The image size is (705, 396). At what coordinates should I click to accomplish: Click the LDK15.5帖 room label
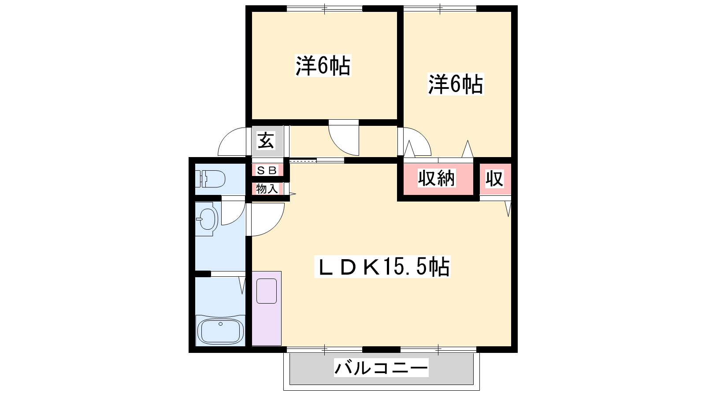point(382,267)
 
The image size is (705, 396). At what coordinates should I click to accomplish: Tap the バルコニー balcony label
point(381,368)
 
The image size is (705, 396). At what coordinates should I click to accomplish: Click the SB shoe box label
point(267,170)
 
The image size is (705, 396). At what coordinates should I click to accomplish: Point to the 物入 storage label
point(267,189)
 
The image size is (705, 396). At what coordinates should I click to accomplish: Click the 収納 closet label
point(436,178)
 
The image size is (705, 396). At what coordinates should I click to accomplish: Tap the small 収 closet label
point(494,179)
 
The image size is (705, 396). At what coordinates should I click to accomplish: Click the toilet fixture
point(210,179)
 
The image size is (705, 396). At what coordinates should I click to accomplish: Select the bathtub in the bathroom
point(220,331)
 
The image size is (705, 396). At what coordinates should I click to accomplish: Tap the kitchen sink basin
point(267,291)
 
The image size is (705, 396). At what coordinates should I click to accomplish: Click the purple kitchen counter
point(267,308)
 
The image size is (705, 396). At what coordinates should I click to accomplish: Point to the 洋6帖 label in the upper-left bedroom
point(323,66)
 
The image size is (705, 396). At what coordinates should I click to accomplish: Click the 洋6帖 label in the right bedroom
point(456,84)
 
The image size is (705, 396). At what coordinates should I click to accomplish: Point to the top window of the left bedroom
point(324,8)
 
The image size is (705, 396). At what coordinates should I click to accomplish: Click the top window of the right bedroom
point(440,8)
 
